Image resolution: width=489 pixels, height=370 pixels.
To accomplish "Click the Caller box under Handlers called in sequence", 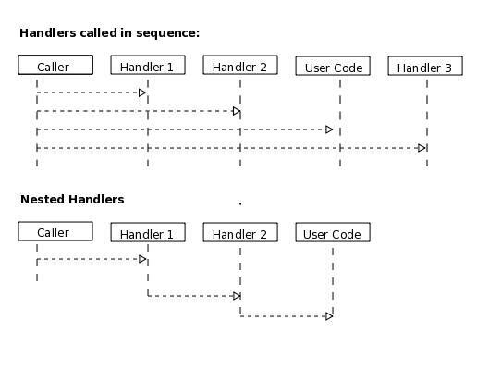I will (55, 65).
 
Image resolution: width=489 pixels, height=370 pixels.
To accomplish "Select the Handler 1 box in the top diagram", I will (147, 66).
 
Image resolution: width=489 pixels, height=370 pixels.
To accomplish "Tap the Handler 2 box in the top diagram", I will (239, 66).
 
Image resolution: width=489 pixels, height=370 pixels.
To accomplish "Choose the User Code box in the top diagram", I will (333, 67).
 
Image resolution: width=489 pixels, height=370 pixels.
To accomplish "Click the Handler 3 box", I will (425, 67).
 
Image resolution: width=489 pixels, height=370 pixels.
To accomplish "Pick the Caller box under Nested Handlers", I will (55, 232).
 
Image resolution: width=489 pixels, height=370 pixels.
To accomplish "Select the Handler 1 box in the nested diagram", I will (147, 233).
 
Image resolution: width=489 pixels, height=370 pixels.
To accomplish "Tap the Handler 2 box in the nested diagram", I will (239, 233).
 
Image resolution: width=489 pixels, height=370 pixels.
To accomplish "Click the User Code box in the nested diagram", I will (333, 233).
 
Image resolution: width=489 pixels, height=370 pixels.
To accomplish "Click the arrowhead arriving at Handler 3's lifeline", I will (422, 148).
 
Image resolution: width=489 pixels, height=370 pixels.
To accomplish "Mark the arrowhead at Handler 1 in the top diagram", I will (142, 92).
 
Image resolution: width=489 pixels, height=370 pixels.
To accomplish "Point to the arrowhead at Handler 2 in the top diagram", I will (236, 111).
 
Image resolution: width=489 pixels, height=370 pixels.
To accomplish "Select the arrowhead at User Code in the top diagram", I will (328, 129).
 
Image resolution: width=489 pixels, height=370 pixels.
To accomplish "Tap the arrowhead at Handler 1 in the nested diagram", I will (142, 259).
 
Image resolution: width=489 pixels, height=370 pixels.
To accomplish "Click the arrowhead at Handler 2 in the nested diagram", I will (236, 296).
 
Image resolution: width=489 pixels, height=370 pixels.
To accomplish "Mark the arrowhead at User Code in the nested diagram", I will (328, 315).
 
